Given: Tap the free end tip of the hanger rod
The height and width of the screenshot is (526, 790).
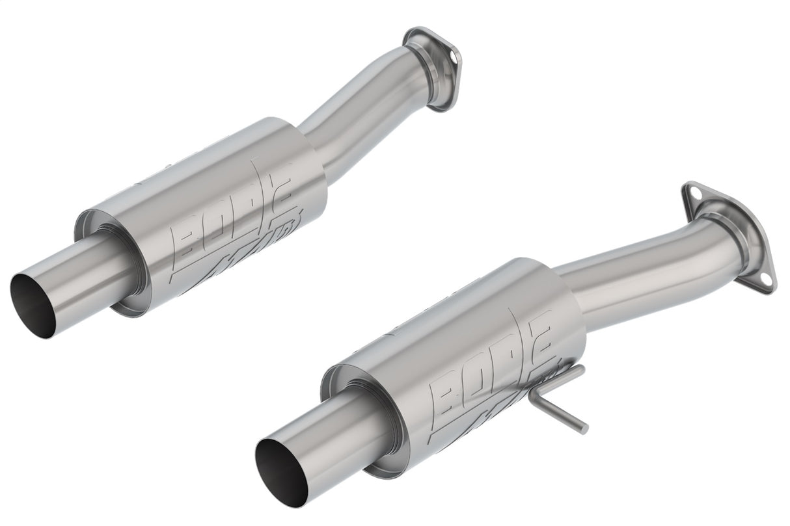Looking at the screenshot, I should click(584, 430).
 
